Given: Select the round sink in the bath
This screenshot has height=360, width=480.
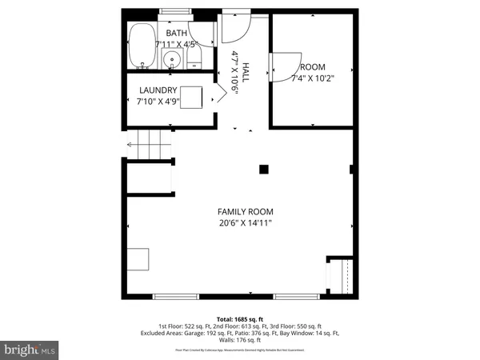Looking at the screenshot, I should click(x=170, y=59).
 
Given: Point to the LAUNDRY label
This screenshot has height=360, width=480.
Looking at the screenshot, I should click(x=158, y=90).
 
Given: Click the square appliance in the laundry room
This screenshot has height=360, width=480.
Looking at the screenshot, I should click(x=190, y=97).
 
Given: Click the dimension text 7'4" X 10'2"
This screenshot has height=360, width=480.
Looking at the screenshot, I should click(x=311, y=78).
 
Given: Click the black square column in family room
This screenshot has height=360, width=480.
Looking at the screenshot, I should click(x=263, y=168).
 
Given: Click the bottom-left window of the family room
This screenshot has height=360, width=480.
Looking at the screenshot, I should click(x=177, y=296).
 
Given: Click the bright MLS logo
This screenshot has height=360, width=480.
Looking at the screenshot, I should click(x=30, y=350).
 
